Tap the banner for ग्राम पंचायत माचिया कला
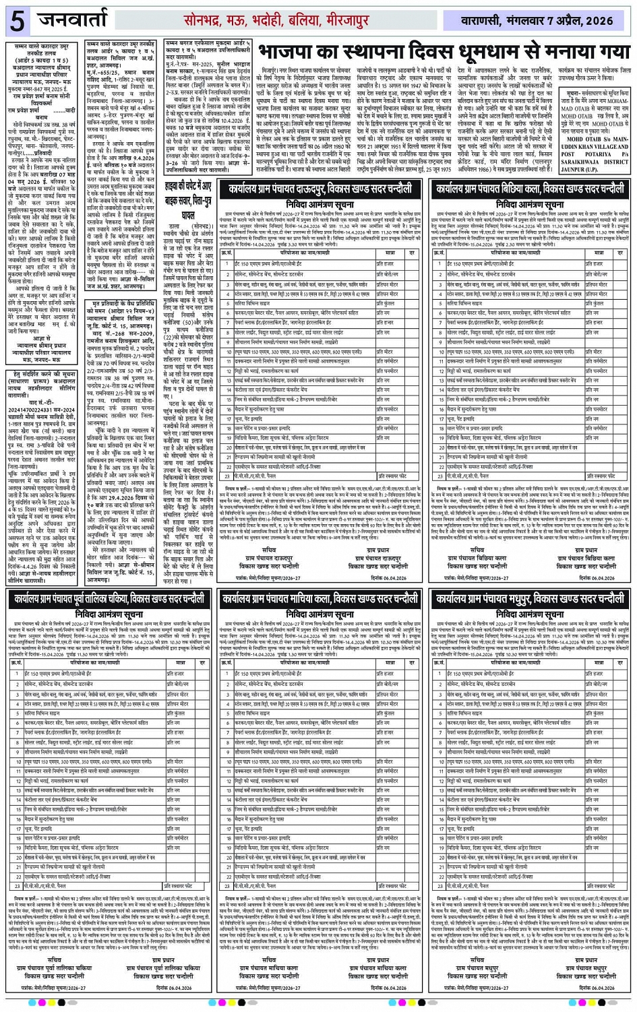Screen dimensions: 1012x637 pos(319,598)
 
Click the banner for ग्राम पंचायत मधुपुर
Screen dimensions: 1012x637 pos(530,598)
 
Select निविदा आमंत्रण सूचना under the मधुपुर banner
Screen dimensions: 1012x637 pos(530,614)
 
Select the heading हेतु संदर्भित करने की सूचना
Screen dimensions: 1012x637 pos(45,373)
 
